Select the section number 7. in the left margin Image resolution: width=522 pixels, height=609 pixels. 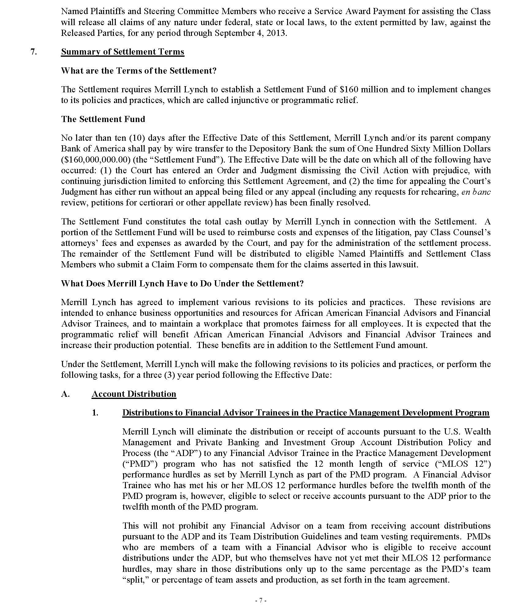click(x=34, y=52)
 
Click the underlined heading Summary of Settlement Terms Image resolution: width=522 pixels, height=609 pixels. click(x=123, y=52)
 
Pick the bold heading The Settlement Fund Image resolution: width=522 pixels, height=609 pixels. click(x=103, y=119)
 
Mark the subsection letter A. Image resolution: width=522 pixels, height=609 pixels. click(x=65, y=394)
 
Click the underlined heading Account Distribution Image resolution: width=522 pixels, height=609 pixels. click(x=134, y=394)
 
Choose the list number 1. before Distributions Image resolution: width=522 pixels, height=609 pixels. click(x=95, y=413)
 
